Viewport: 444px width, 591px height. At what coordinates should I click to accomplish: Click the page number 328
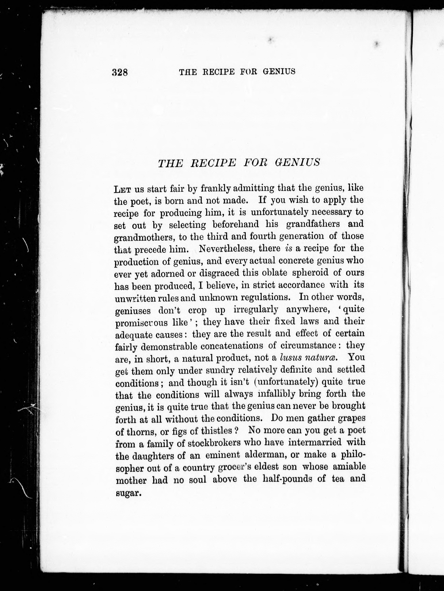120,72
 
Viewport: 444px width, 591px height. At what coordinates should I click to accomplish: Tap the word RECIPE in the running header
219,72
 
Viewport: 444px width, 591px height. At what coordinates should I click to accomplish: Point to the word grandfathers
313,224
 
